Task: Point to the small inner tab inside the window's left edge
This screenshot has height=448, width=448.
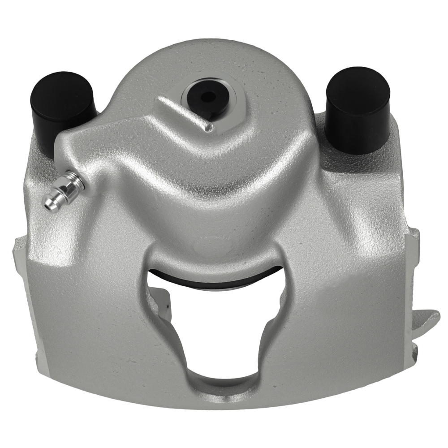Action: pyautogui.click(x=162, y=305)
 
